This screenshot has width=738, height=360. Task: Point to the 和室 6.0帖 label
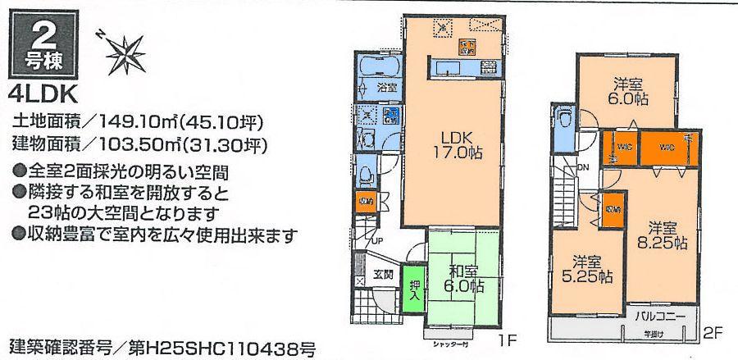point(464,277)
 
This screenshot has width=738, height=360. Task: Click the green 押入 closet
point(414,289)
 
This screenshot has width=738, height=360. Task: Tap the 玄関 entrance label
point(384,275)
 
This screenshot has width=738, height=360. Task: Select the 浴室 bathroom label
point(385,85)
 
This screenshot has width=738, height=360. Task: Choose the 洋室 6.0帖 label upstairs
point(627,89)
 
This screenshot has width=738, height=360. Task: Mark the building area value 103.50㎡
point(146,145)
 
